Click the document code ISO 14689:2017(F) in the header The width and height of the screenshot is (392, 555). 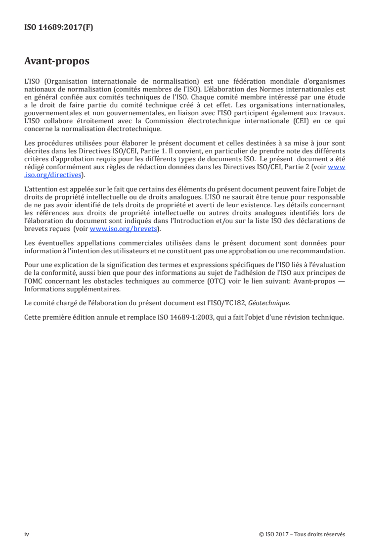[58, 28]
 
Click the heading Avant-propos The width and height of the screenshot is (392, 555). [56, 62]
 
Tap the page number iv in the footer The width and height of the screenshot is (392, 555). [27, 534]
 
